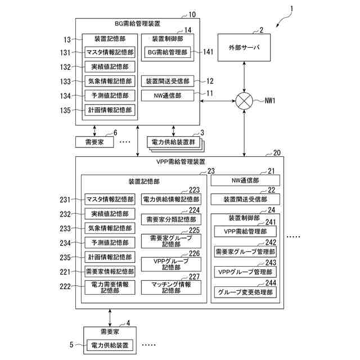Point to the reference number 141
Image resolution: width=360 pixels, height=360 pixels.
208,52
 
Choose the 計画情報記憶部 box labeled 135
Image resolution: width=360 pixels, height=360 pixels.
109,110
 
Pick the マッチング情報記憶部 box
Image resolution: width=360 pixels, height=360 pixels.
170,287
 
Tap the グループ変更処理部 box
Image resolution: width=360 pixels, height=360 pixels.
245,292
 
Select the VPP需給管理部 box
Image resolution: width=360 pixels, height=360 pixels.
245,231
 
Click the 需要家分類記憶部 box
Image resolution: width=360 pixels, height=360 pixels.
170,219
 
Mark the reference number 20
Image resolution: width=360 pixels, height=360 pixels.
276,153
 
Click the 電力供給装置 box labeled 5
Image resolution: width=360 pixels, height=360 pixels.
109,344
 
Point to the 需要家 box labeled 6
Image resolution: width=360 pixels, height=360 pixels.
94,142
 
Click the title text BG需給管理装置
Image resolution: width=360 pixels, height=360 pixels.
137,24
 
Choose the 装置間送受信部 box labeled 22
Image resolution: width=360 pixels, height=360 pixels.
245,199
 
